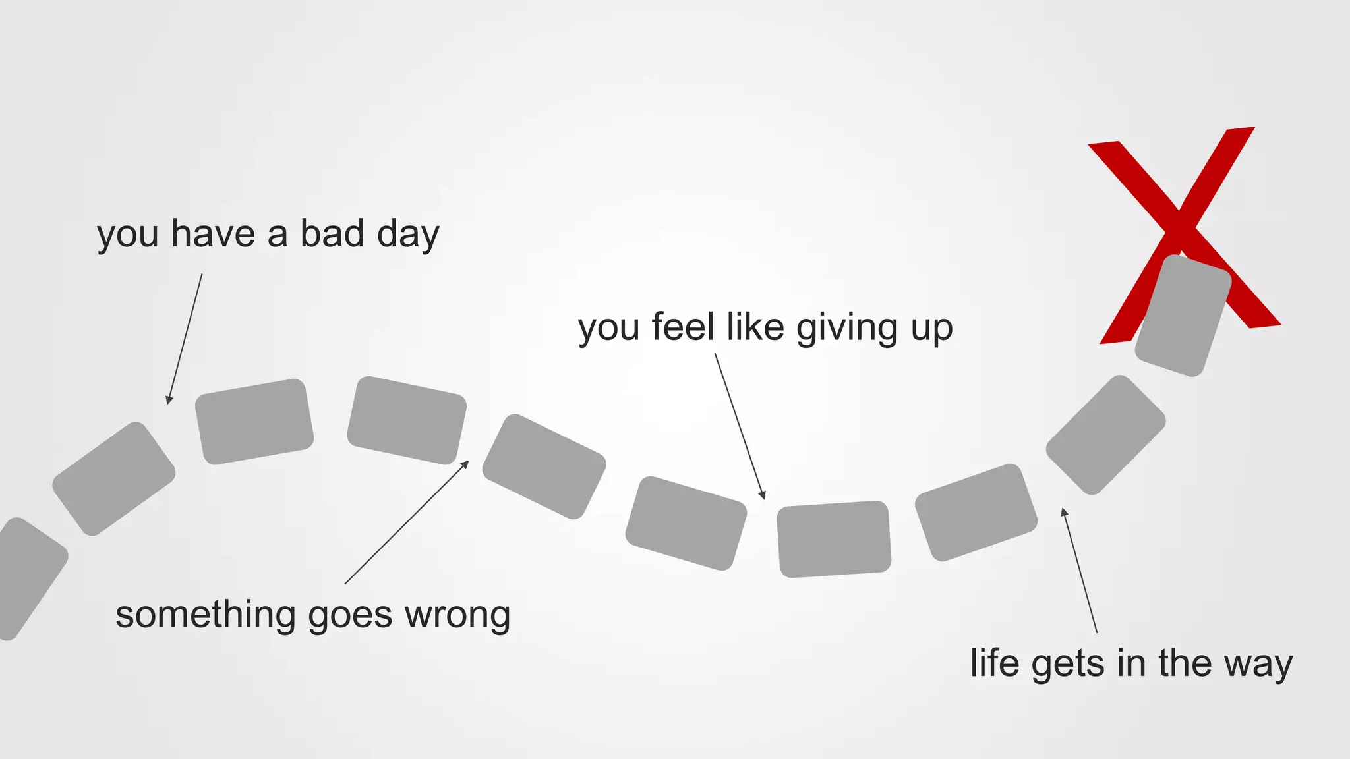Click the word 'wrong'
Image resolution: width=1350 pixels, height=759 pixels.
457,615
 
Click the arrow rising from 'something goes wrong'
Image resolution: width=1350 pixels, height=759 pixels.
406,522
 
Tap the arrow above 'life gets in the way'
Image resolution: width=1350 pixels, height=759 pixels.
1079,571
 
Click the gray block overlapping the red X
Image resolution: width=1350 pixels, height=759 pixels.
1183,316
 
